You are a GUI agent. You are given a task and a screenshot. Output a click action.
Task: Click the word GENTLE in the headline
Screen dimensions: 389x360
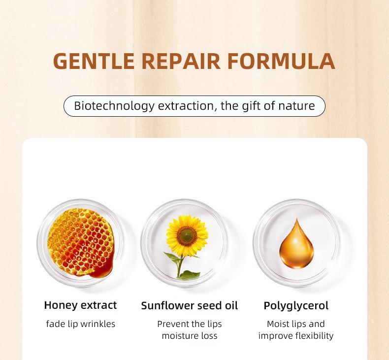click(94, 61)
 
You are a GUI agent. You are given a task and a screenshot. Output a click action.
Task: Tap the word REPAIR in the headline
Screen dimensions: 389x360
click(181, 61)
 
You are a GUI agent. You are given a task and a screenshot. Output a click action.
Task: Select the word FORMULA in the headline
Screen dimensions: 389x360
click(281, 61)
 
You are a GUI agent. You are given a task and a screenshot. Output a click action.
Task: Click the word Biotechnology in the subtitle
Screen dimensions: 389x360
click(114, 106)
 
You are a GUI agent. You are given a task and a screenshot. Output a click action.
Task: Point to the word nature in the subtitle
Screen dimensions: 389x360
click(296, 106)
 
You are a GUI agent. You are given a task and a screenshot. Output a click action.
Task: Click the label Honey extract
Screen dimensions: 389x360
click(80, 305)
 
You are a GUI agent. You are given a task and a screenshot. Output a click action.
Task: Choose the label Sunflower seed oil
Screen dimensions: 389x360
click(189, 305)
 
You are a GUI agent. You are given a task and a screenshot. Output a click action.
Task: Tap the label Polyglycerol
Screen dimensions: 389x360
click(296, 306)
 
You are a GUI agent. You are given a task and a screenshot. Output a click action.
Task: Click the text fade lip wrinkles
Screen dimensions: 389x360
click(81, 324)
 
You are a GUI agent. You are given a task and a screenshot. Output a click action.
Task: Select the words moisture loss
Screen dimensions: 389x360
click(190, 336)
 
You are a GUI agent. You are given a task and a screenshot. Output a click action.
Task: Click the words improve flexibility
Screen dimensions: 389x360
click(296, 336)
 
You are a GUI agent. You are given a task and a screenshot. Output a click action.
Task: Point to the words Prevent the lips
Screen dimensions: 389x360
click(190, 324)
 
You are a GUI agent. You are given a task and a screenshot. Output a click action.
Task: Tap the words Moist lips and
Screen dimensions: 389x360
click(296, 324)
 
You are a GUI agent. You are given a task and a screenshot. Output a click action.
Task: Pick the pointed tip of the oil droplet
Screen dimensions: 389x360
click(297, 219)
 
